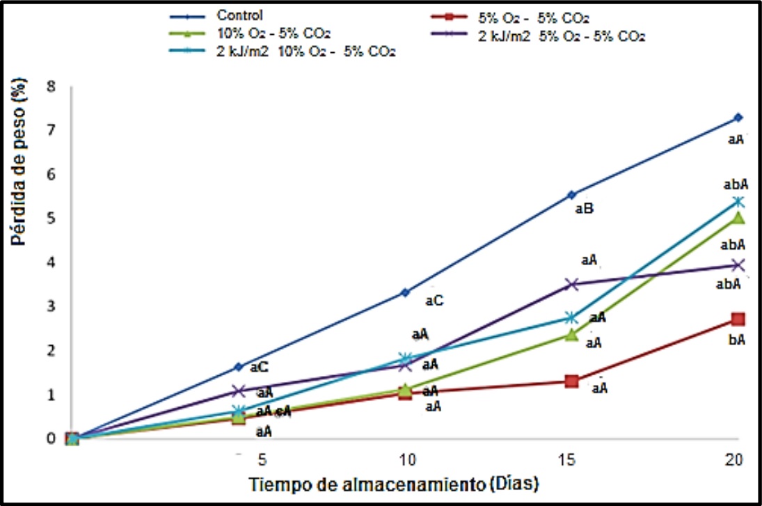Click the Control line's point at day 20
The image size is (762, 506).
738,118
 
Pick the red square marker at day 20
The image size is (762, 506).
738,319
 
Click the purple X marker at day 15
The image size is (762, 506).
572,284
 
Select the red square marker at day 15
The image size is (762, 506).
572,381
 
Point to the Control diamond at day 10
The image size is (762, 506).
405,292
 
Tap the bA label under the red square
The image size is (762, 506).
736,341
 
